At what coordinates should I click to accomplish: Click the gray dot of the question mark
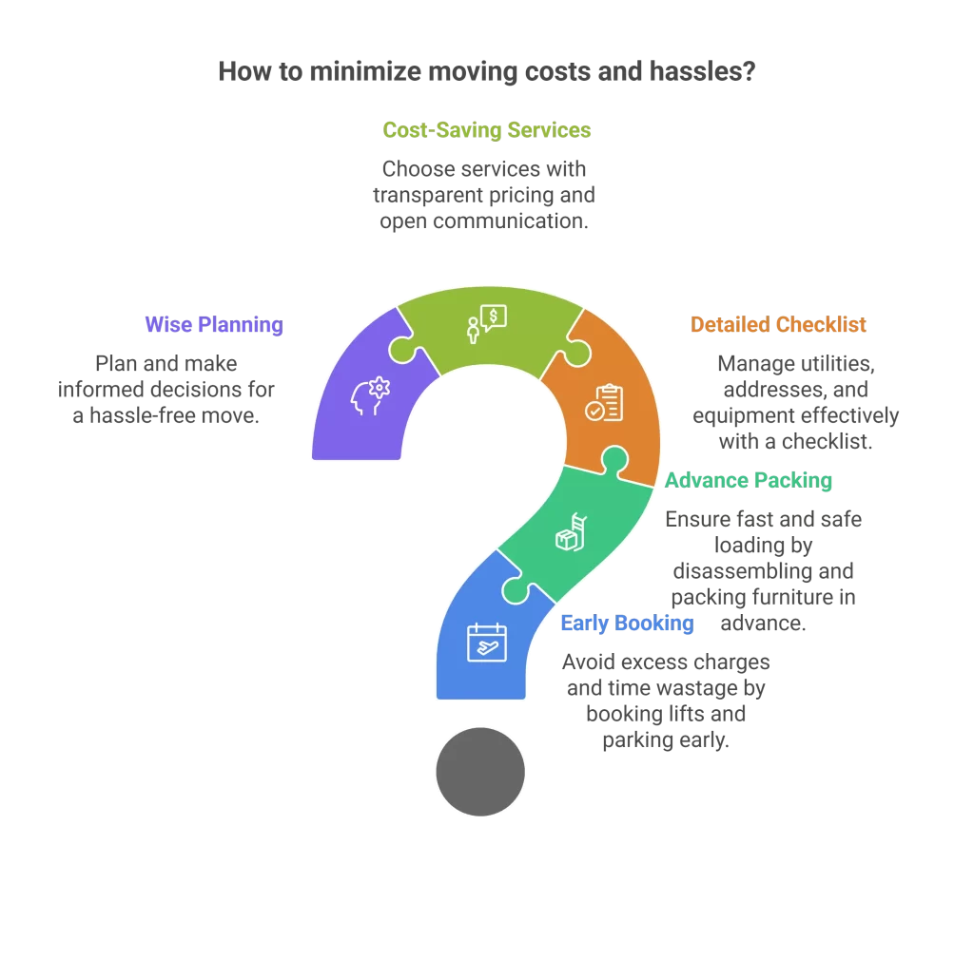480,771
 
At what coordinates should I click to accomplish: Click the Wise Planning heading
214,325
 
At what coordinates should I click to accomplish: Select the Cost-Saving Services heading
487,129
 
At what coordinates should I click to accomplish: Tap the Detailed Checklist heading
778,325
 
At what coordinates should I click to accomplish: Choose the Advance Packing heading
748,480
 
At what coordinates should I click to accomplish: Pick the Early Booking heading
627,624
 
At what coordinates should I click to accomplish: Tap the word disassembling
763,571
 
